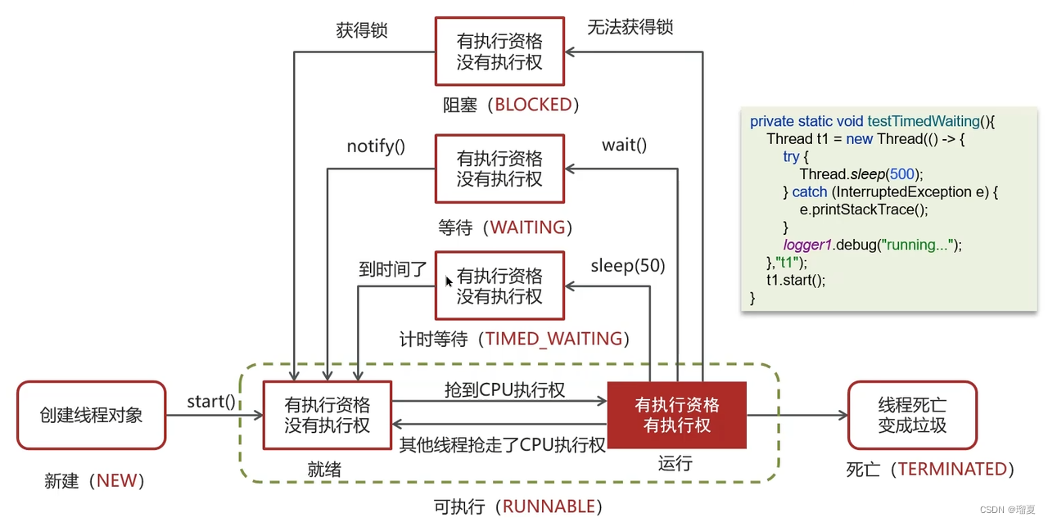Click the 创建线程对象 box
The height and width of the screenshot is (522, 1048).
point(91,415)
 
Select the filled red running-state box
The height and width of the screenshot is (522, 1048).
point(676,415)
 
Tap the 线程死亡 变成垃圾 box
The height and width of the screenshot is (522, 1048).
point(912,415)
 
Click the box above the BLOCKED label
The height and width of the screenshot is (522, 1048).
point(499,52)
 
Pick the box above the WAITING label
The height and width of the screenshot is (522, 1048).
point(499,169)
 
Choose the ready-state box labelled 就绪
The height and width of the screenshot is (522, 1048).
point(327,415)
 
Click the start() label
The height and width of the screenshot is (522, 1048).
point(211,402)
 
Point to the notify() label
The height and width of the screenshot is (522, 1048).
point(376,146)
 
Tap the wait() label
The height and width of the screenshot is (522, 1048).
point(624,145)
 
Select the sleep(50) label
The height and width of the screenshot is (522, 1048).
point(628,266)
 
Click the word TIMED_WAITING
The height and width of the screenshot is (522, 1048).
point(553,339)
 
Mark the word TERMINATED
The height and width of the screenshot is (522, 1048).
point(952,469)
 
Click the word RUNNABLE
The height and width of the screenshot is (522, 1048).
point(549,506)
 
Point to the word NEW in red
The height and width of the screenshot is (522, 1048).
point(117,480)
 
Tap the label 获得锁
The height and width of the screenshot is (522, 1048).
point(362,30)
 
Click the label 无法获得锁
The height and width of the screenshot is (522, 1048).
point(630,27)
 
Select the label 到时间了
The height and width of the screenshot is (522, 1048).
point(393,269)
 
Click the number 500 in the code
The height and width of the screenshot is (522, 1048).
point(902,174)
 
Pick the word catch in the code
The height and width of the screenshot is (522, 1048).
point(810,191)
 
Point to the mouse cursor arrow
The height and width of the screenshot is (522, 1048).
point(448,281)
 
